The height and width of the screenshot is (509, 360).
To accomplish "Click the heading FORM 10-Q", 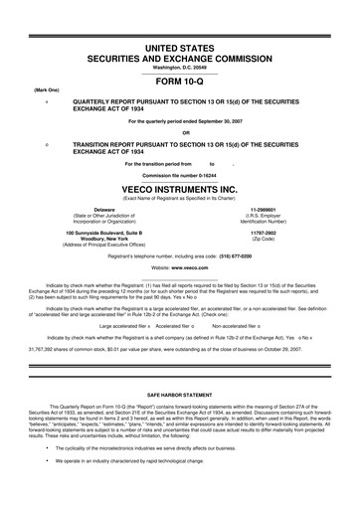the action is [180, 84].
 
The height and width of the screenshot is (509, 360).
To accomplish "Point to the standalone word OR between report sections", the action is [180, 133].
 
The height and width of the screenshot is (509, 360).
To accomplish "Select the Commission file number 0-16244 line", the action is [180, 175].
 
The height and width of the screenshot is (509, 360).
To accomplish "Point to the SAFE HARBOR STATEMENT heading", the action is [180, 396].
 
